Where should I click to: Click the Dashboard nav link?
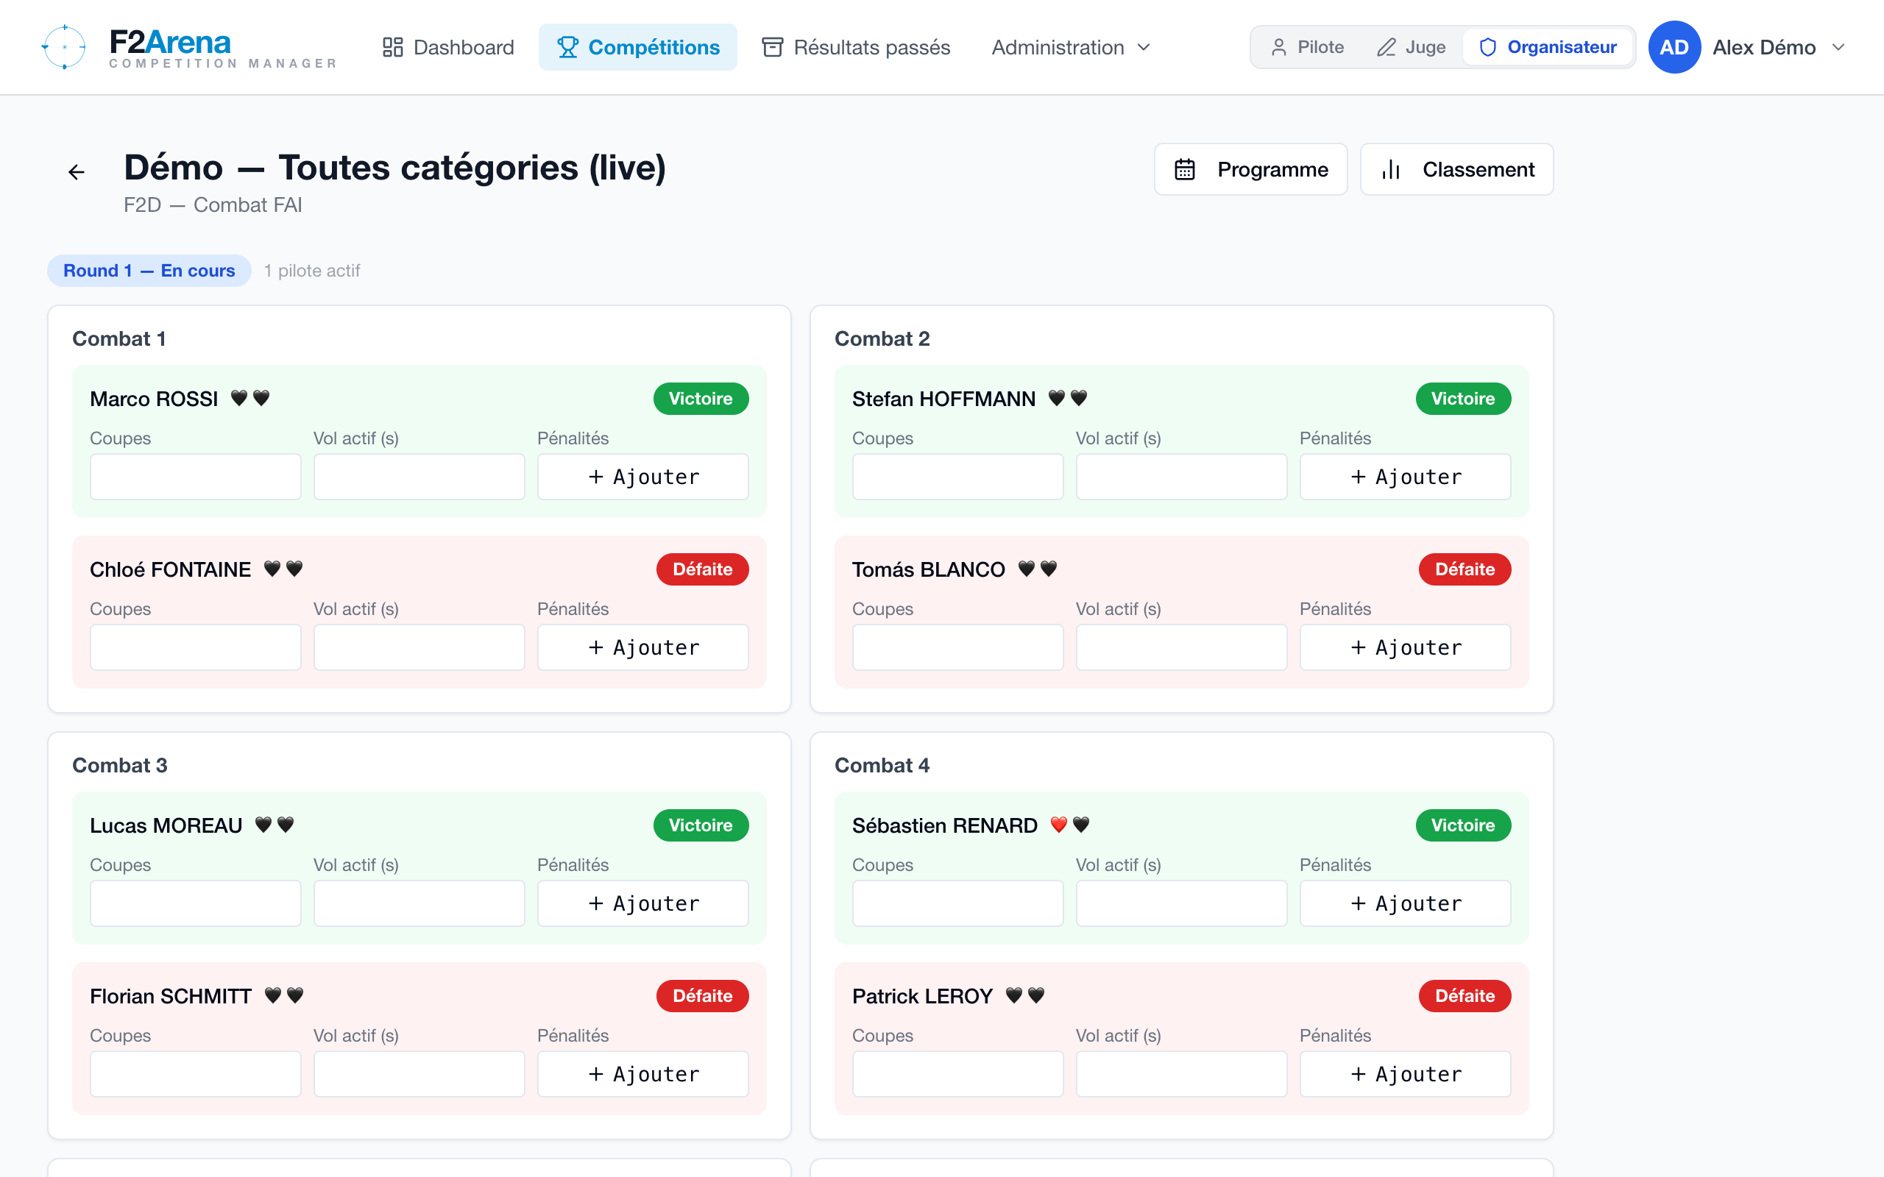(447, 48)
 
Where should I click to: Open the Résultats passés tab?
(856, 48)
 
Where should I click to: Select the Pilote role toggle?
(1307, 48)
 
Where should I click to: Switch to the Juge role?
(1411, 48)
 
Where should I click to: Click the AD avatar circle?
(1674, 48)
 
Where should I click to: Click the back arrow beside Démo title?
(77, 172)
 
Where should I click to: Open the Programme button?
(1250, 170)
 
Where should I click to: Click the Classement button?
(1456, 170)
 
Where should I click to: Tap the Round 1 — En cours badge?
(149, 271)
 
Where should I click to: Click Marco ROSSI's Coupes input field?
(196, 477)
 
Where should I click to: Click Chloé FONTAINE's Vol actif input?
(419, 647)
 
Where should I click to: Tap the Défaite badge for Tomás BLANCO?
(1465, 569)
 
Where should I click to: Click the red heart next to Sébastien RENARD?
(1059, 825)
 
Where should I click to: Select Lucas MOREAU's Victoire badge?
(701, 825)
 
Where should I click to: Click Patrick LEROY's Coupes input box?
(957, 1073)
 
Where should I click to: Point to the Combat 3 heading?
(120, 765)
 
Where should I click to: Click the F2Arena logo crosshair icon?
(64, 46)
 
